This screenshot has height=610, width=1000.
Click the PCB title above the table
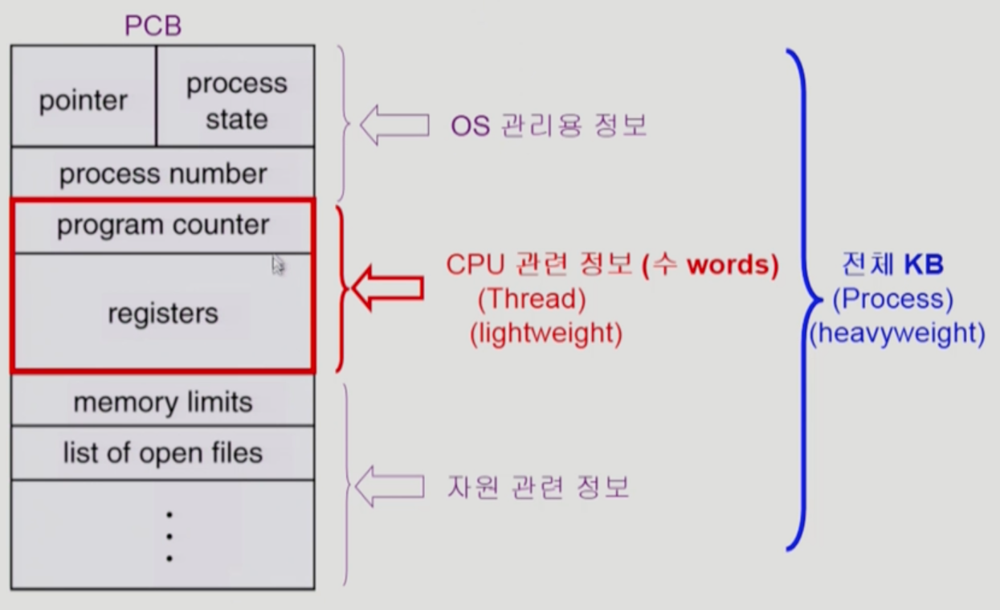pyautogui.click(x=153, y=26)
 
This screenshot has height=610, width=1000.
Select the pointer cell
pyautogui.click(x=84, y=100)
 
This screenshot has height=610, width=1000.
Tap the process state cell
pyautogui.click(x=236, y=101)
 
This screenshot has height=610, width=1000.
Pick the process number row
pyautogui.click(x=163, y=174)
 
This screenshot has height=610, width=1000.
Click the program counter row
pyautogui.click(x=163, y=225)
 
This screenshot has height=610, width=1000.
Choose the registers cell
pyautogui.click(x=163, y=313)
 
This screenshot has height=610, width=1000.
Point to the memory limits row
pyautogui.click(x=163, y=402)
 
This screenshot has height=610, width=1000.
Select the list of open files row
pyautogui.click(x=163, y=453)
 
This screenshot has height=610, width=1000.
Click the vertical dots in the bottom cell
pyautogui.click(x=169, y=535)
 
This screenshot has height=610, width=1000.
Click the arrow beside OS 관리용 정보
pyautogui.click(x=394, y=125)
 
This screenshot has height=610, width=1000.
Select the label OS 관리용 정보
pyautogui.click(x=549, y=126)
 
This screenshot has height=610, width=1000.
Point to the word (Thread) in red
pyautogui.click(x=532, y=299)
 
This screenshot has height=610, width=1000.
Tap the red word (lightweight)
pyautogui.click(x=546, y=333)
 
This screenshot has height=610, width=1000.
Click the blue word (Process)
pyautogui.click(x=892, y=299)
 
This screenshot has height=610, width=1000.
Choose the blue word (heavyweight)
pyautogui.click(x=896, y=333)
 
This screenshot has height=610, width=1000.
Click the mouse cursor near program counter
pyautogui.click(x=278, y=265)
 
